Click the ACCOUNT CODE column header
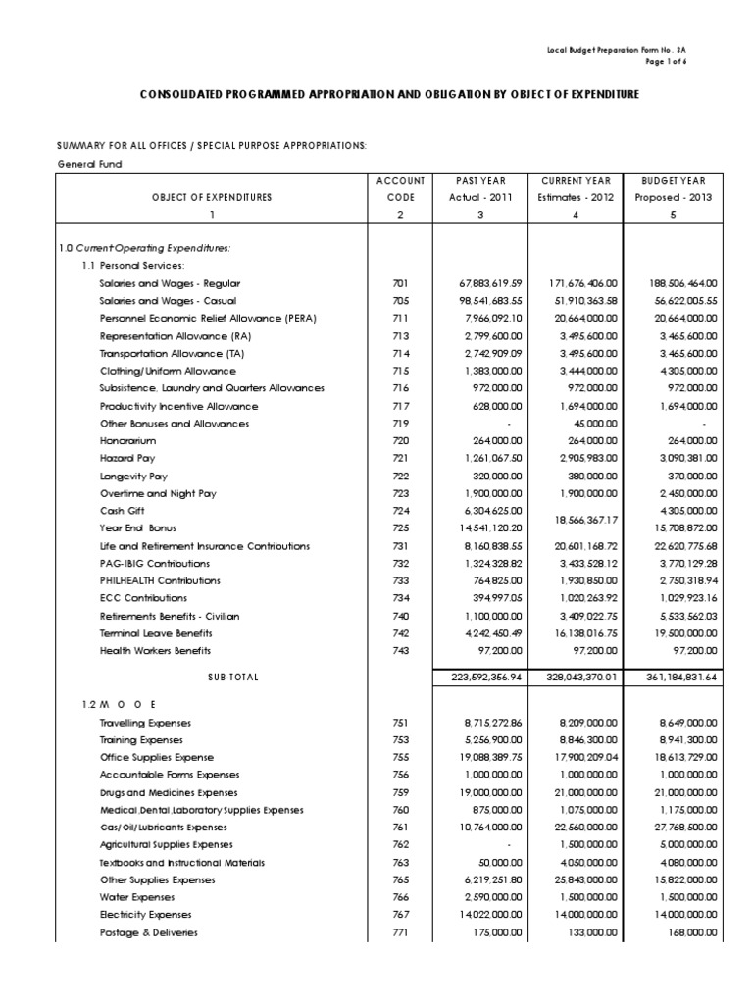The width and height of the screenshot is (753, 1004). [399, 189]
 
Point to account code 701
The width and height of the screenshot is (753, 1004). [399, 283]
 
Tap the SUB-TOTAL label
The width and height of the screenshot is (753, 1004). [233, 678]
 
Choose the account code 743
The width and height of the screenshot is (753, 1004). [399, 651]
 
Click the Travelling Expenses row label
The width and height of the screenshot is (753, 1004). [145, 723]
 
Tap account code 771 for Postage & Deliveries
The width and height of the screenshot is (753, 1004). [399, 933]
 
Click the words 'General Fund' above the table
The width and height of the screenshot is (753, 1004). [88, 164]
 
